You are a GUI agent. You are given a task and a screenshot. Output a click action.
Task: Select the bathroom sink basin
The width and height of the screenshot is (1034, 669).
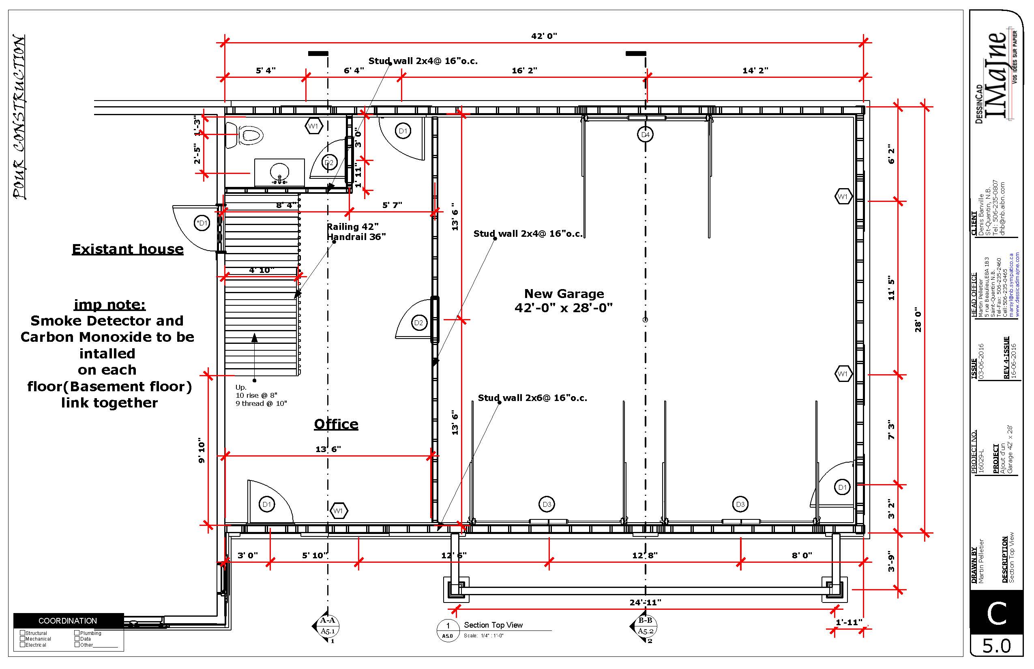[279, 172]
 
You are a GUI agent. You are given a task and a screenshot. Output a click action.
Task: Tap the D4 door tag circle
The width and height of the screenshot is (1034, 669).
[646, 135]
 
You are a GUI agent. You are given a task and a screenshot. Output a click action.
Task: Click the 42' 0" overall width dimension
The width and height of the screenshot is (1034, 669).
[544, 36]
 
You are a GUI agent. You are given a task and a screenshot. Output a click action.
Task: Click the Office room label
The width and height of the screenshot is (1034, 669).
[336, 425]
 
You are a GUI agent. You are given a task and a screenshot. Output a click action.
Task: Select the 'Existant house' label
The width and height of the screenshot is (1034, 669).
[128, 249]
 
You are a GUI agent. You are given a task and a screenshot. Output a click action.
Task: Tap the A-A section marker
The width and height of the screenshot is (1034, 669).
[327, 626]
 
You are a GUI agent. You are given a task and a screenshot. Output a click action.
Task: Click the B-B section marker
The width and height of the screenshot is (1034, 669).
[644, 626]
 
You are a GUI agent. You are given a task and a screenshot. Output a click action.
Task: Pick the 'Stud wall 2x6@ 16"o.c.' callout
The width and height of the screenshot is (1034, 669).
[533, 398]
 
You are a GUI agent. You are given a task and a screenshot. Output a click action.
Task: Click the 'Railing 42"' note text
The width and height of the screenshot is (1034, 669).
[353, 227]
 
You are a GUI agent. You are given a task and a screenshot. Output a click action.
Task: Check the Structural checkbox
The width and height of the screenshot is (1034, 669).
[23, 633]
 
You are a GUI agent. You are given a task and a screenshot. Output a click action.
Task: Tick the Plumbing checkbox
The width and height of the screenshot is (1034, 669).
[77, 633]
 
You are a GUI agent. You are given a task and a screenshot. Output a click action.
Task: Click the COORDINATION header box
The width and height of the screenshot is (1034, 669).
[68, 621]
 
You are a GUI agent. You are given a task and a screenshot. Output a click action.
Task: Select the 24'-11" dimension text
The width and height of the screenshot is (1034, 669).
[645, 603]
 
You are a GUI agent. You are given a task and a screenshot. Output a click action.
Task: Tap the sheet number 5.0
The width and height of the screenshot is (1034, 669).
[997, 646]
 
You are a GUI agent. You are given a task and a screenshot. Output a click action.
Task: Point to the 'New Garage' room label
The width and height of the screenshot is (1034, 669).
[564, 294]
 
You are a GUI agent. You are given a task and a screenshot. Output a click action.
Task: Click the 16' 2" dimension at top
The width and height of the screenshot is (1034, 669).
[524, 71]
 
